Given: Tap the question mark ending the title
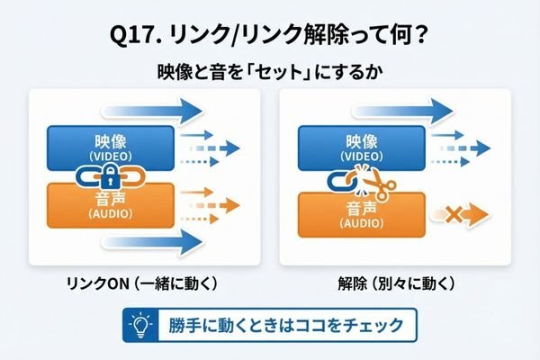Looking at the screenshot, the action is (x=419, y=34).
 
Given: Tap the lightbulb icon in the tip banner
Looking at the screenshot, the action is (x=140, y=325).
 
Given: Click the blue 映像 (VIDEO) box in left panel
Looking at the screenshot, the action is (x=111, y=148).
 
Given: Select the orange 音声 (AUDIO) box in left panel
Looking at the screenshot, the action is (x=111, y=206).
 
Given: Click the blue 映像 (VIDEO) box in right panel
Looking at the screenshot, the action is (x=362, y=148).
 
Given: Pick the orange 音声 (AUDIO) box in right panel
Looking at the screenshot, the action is (x=362, y=215).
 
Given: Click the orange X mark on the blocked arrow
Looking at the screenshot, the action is (x=454, y=214).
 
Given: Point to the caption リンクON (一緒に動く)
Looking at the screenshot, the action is (x=141, y=283).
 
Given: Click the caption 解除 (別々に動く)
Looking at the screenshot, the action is (x=396, y=283).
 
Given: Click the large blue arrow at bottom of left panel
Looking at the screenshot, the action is (x=151, y=242).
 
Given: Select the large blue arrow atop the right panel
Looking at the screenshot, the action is (x=402, y=112).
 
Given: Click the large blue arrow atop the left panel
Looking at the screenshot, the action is (x=151, y=112).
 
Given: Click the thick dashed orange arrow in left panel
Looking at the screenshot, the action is (x=214, y=206).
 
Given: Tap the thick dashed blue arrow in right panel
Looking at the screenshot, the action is (x=465, y=148).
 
